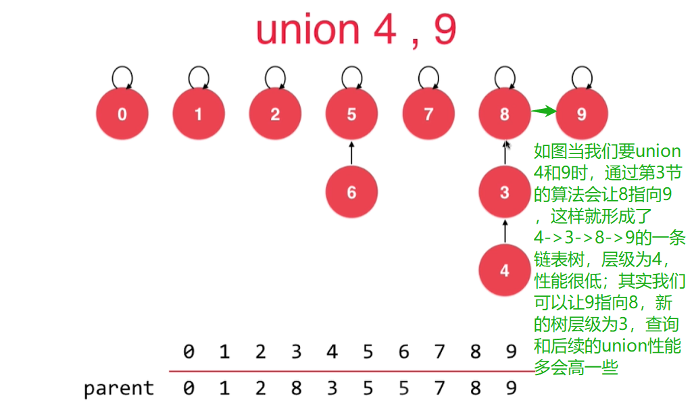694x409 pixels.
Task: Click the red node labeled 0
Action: click(x=122, y=114)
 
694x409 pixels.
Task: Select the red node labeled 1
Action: click(x=198, y=114)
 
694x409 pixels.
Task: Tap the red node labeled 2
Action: click(x=274, y=114)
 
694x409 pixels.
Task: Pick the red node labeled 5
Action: click(x=351, y=114)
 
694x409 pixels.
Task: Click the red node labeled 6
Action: click(x=351, y=193)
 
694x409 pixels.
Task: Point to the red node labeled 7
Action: click(x=428, y=114)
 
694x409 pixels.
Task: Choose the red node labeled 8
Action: click(x=504, y=114)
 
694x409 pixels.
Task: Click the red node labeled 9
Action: click(x=582, y=114)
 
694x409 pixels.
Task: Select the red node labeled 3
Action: click(x=504, y=192)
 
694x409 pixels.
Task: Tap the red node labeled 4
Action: click(x=504, y=270)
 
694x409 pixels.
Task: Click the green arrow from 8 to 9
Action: click(x=543, y=112)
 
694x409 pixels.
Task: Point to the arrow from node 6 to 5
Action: click(x=351, y=153)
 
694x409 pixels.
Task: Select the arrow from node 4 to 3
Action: click(x=504, y=231)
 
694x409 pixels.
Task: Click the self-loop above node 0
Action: click(x=122, y=76)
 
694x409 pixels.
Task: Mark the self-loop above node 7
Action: click(x=428, y=76)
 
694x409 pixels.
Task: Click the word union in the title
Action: click(x=307, y=30)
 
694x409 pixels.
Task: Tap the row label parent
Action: click(x=119, y=389)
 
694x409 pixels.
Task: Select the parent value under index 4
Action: click(x=332, y=388)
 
